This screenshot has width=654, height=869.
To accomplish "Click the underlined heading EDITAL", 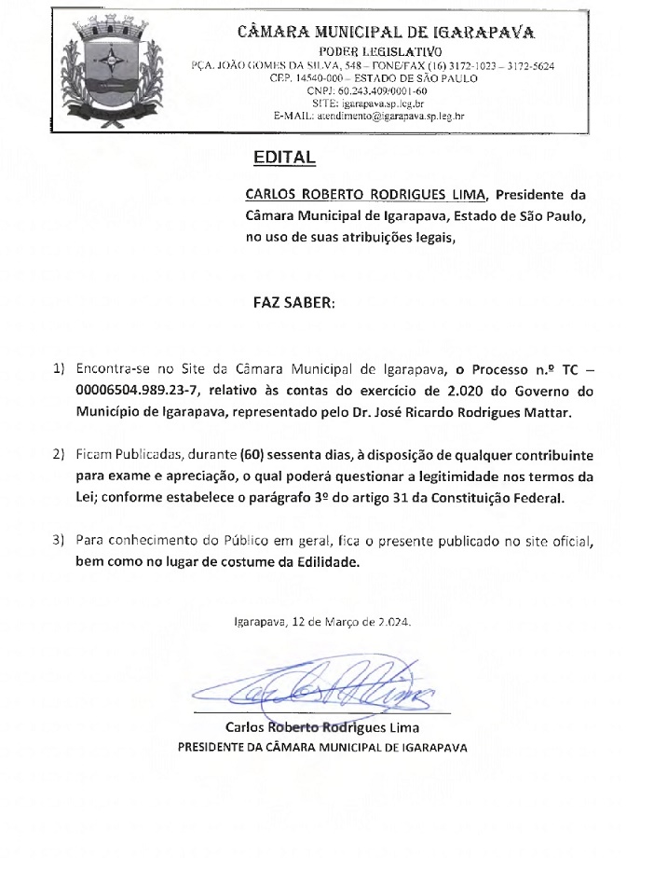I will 284,159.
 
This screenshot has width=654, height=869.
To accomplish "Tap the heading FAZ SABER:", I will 293,304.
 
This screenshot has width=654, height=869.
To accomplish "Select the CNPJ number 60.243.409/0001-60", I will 367,91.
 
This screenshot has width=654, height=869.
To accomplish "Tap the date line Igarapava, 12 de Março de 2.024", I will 322,620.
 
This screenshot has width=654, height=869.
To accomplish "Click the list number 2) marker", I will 59,455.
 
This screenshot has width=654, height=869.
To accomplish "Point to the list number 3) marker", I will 59,541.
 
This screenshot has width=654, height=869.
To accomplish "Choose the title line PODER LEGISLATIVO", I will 377,50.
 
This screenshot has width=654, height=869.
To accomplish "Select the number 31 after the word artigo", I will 395,498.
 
